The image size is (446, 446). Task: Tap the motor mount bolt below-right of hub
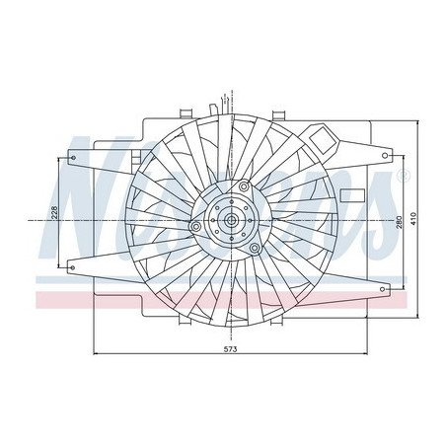(x=256, y=247)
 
